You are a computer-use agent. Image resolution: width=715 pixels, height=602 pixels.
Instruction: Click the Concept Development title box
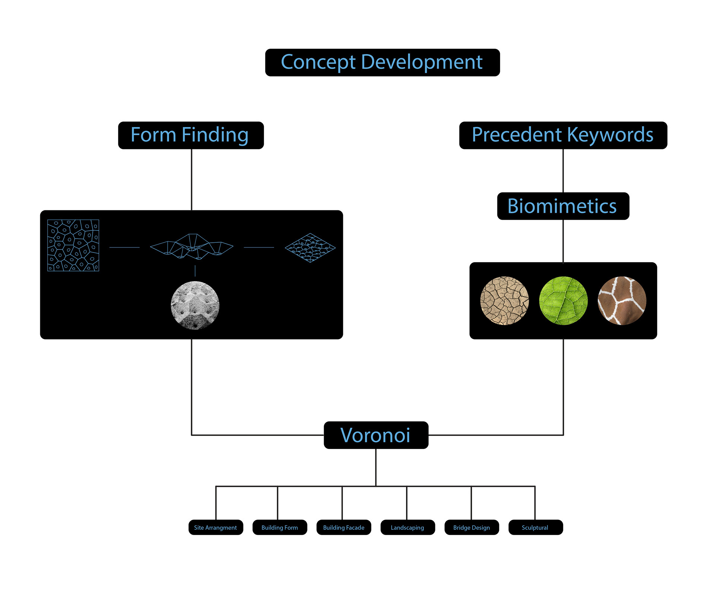382,63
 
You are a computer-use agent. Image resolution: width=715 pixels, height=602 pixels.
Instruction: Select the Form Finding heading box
191,135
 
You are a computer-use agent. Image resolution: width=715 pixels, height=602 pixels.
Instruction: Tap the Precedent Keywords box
563,135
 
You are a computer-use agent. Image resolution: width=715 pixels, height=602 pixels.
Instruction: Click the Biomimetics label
563,206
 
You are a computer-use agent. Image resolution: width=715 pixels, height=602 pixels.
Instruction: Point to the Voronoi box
376,435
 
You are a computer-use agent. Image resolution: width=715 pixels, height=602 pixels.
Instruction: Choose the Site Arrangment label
216,527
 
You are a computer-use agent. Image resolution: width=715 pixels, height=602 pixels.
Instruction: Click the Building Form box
280,527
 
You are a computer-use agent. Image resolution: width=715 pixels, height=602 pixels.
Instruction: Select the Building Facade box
344,527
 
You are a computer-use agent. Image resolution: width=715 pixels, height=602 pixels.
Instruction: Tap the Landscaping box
407,527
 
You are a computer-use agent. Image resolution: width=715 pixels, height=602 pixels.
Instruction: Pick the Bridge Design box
471,527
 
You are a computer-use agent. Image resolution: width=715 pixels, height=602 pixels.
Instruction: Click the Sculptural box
535,527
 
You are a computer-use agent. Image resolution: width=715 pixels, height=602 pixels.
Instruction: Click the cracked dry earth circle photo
505,300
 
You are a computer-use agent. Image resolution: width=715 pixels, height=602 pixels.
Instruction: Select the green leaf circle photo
563,300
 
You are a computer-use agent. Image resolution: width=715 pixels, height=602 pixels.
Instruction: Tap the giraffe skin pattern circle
622,300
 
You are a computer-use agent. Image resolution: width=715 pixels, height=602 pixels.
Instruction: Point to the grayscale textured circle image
195,305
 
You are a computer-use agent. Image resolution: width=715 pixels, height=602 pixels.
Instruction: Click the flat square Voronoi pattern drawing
73,245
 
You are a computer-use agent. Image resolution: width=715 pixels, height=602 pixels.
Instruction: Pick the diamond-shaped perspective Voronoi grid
310,248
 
